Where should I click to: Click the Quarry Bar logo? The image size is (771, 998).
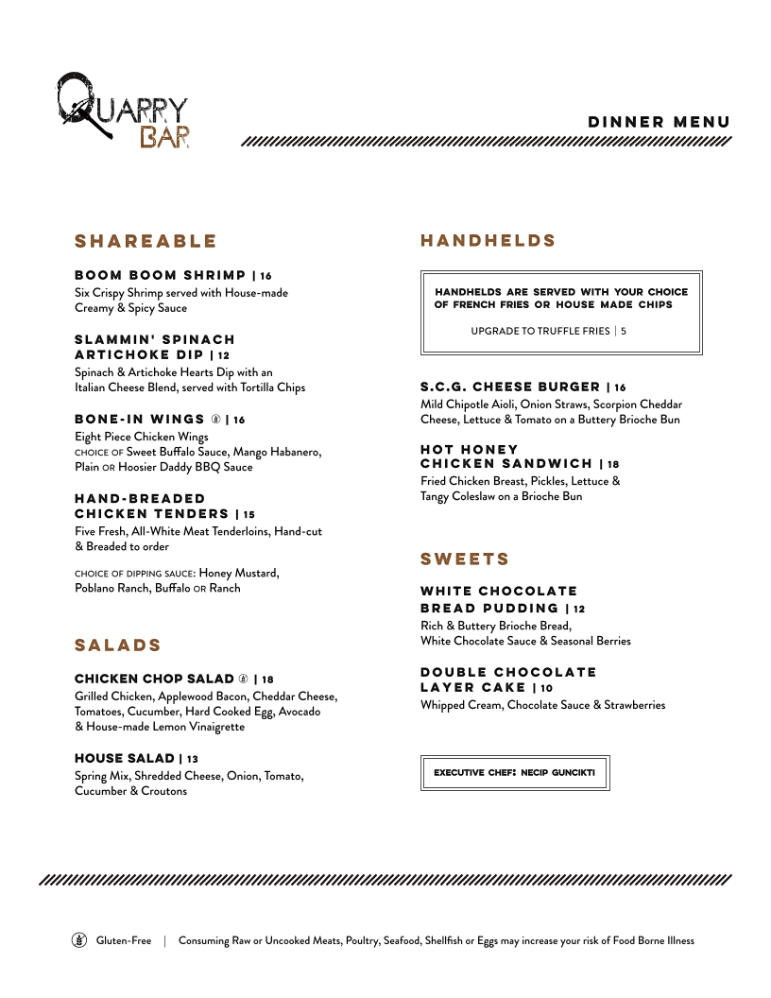click(123, 110)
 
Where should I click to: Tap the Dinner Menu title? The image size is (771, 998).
click(659, 122)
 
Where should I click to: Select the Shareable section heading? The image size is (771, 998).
click(146, 241)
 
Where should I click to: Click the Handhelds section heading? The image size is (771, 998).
click(488, 241)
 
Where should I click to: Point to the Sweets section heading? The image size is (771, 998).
click(465, 559)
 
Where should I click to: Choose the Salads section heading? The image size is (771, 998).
click(118, 645)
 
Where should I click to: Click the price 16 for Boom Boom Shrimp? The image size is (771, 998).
click(266, 276)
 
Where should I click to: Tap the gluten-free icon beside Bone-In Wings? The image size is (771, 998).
click(215, 420)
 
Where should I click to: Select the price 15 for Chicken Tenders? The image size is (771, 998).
click(248, 515)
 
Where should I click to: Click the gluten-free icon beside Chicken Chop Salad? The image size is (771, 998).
click(243, 680)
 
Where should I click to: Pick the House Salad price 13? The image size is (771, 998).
click(193, 759)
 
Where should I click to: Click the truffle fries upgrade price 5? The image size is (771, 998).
click(624, 331)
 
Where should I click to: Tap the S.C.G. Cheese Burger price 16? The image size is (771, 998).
click(620, 387)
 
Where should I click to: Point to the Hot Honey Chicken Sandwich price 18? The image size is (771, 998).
click(614, 465)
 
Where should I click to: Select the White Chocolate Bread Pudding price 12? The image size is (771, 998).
click(579, 610)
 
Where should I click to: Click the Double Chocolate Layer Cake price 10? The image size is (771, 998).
click(547, 689)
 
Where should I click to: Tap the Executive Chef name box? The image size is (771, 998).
click(515, 772)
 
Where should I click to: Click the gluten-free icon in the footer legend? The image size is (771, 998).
click(79, 940)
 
